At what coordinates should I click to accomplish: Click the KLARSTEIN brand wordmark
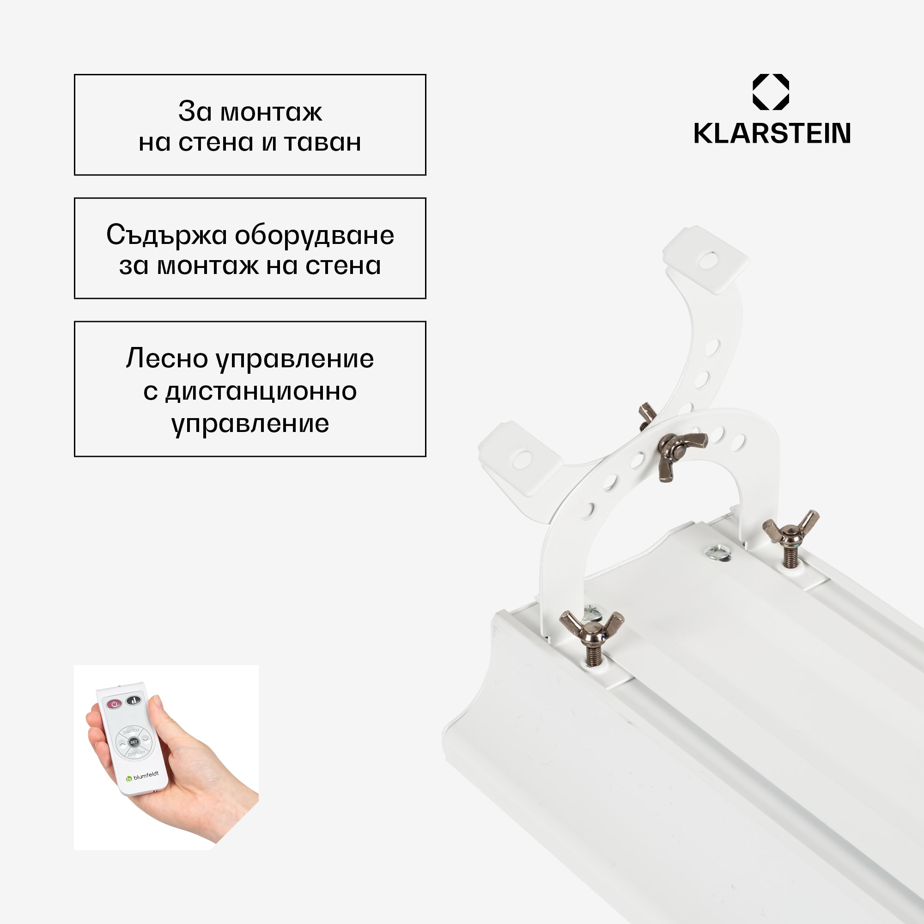[x=772, y=134]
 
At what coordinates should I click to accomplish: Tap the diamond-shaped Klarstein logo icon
[x=771, y=92]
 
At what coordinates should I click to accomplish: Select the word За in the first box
[x=195, y=111]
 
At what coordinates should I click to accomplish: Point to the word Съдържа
[x=166, y=235]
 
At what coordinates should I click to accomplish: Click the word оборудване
[x=314, y=235]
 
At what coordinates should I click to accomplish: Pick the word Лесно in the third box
[x=167, y=359]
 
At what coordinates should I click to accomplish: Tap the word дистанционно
[x=261, y=391]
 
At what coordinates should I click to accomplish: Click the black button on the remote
[x=134, y=702]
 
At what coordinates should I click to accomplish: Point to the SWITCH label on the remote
[x=131, y=731]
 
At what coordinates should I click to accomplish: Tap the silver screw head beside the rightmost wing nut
[x=717, y=552]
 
